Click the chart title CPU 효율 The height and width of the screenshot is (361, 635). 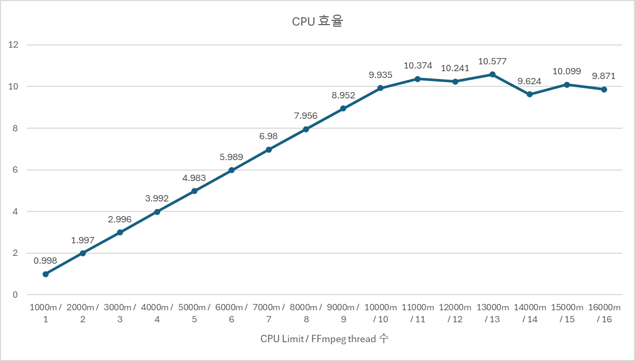[317, 22]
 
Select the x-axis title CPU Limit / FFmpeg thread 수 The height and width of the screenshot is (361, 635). [324, 339]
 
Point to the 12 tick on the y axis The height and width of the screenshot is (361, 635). [14, 45]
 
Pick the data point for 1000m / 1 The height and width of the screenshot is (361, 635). [46, 274]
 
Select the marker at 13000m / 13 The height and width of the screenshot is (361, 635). [492, 74]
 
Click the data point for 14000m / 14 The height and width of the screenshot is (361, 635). [530, 94]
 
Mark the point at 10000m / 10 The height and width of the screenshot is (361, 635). [380, 88]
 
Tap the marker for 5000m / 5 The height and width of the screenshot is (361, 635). [194, 191]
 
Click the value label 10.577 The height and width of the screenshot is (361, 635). [492, 62]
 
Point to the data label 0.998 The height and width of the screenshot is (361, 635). [46, 261]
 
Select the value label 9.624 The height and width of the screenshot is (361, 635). [530, 81]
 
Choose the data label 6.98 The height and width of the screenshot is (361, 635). [269, 137]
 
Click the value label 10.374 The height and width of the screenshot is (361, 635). [418, 66]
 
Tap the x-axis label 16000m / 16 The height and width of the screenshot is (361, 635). [604, 313]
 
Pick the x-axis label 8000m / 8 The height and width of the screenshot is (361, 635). [306, 313]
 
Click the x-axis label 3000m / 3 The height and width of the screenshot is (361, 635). [120, 313]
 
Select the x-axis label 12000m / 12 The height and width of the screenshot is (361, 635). [455, 313]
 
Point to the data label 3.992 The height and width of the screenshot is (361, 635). [157, 198]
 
